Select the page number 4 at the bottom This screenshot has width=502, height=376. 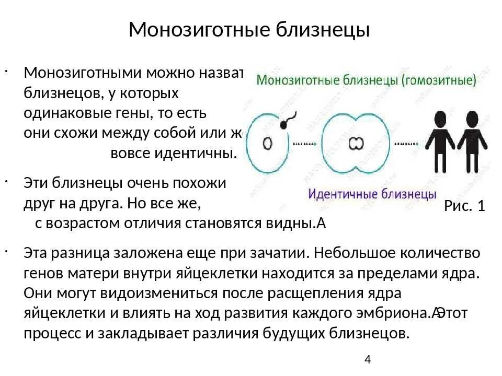(x=367, y=360)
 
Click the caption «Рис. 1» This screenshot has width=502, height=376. (x=464, y=206)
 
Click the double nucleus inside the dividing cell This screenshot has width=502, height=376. (x=356, y=143)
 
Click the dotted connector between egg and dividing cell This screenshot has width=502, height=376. (x=305, y=143)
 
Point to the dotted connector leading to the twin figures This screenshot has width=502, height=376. (x=407, y=143)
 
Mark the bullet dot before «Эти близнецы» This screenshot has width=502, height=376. (x=19, y=180)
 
